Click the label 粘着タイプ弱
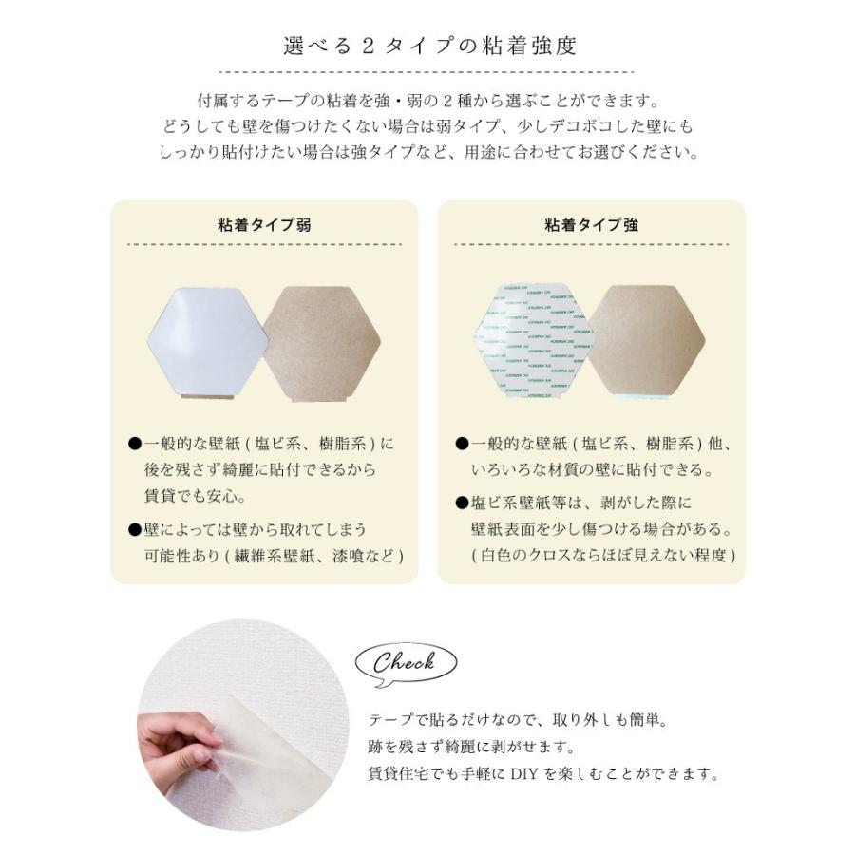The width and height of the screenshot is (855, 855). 264,225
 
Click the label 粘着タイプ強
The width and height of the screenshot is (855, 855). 591,225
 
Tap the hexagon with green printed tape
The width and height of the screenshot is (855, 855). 533,339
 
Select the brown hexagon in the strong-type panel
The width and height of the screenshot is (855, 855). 651,339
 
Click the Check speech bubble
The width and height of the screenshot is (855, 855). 405,662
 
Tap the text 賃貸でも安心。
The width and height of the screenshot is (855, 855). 189,496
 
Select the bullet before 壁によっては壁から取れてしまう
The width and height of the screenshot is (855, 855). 135,529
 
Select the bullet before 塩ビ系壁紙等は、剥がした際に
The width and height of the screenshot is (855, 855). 462,503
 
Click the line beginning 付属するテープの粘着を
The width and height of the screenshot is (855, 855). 427,100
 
